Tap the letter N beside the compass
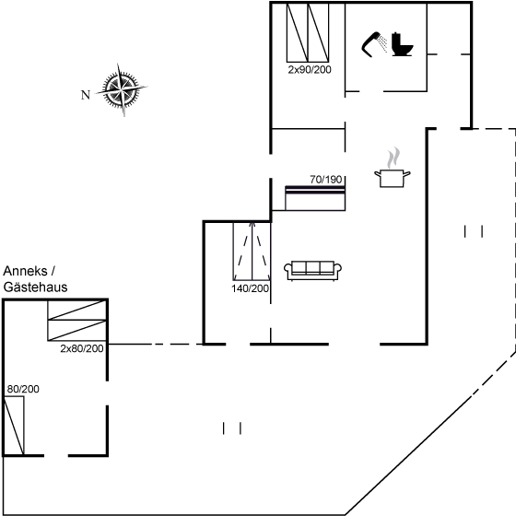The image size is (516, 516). [85, 93]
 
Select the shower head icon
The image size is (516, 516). [374, 42]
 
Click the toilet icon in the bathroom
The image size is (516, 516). [402, 43]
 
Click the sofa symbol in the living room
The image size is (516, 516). [313, 269]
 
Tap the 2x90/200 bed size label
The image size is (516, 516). [309, 69]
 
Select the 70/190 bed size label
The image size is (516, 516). [326, 179]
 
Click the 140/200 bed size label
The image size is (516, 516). [251, 288]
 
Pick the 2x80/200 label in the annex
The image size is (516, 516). [82, 349]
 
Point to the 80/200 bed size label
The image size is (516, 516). [24, 390]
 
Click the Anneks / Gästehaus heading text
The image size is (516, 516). [35, 278]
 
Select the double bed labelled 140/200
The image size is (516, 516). [251, 250]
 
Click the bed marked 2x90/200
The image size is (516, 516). [308, 31]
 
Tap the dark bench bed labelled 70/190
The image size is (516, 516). [315, 197]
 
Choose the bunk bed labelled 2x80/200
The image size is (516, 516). [76, 326]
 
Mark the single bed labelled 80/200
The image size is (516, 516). [15, 425]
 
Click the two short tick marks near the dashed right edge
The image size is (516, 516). [474, 231]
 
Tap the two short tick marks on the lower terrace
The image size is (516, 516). [232, 428]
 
